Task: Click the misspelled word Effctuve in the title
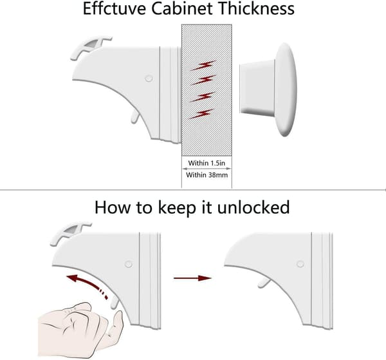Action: click(115, 8)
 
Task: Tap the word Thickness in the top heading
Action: click(256, 8)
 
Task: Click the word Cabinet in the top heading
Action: click(181, 8)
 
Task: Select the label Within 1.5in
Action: click(207, 163)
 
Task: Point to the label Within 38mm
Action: click(207, 175)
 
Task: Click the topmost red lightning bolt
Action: click(203, 65)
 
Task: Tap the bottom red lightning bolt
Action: click(201, 114)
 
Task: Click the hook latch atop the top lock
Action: click(91, 47)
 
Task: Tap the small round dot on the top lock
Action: click(149, 79)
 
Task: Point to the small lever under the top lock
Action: click(134, 117)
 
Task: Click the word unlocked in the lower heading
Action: click(253, 207)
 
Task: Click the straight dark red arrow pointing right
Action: click(192, 278)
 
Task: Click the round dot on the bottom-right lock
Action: click(300, 264)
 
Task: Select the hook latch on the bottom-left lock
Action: click(70, 233)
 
